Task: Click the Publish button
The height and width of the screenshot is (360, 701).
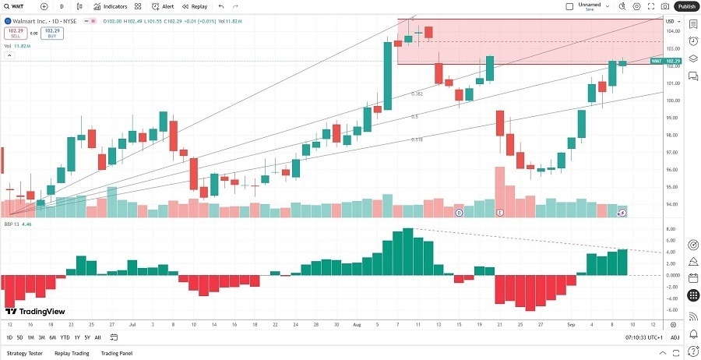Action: pyautogui.click(x=685, y=6)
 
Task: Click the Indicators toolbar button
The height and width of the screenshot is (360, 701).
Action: pyautogui.click(x=111, y=6)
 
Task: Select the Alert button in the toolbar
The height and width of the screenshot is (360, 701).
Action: pyautogui.click(x=164, y=6)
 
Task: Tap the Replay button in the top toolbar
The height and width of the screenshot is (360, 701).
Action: pyautogui.click(x=196, y=6)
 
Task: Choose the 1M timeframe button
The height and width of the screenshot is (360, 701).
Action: pyautogui.click(x=30, y=337)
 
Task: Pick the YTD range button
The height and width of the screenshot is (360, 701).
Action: pyautogui.click(x=65, y=337)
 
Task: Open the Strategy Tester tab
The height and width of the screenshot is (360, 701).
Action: pyautogui.click(x=24, y=353)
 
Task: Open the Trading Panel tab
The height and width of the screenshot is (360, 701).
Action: pyautogui.click(x=117, y=353)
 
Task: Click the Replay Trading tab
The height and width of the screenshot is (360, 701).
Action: pyautogui.click(x=71, y=353)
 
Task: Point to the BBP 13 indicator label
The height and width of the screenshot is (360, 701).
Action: pyautogui.click(x=12, y=223)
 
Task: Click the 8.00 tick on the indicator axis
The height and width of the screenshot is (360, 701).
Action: pyautogui.click(x=670, y=229)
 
